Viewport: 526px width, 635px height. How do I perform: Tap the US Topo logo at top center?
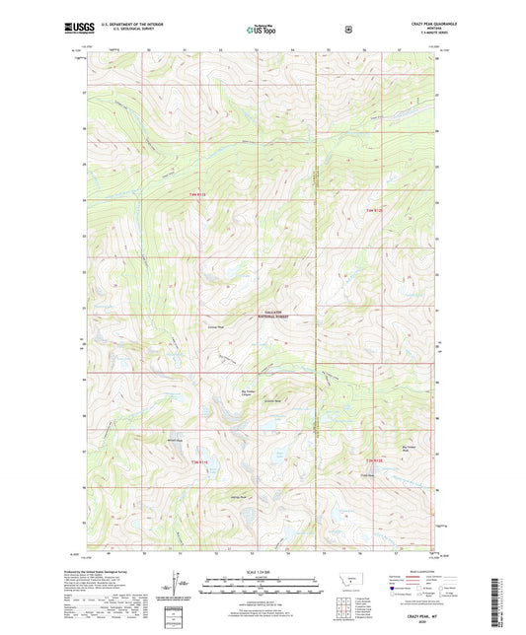coord(262,31)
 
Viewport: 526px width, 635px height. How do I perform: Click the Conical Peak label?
coord(215,326)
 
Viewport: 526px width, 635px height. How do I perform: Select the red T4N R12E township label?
coord(374,210)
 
